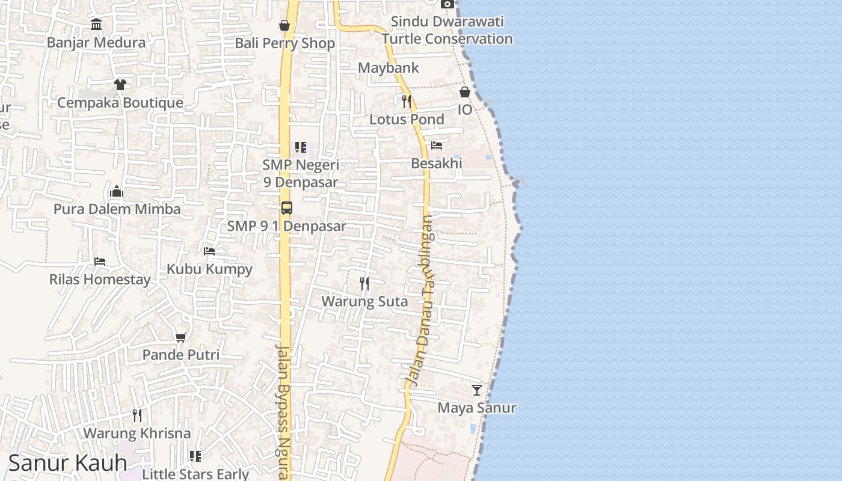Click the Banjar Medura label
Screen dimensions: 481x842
click(96, 43)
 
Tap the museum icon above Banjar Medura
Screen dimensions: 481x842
click(96, 24)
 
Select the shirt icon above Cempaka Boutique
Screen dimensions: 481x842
click(120, 84)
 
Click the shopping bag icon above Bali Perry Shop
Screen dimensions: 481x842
click(284, 25)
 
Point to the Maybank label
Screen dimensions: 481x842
click(388, 68)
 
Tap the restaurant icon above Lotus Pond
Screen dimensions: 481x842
click(407, 100)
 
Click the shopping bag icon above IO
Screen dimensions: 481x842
click(465, 92)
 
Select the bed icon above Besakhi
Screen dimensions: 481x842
click(437, 145)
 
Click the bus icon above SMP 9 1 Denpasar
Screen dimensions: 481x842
click(287, 208)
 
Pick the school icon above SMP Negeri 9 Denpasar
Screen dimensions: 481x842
click(301, 147)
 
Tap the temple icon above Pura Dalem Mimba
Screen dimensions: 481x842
click(117, 192)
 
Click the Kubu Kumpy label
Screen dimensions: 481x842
click(209, 269)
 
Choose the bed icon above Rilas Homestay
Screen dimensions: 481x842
click(100, 262)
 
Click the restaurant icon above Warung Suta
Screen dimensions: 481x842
click(364, 283)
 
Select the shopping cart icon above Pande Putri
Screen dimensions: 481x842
click(180, 337)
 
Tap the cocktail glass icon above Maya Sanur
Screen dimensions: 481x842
click(477, 390)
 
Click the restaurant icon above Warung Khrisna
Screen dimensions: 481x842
click(137, 415)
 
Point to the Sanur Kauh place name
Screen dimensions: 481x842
click(67, 463)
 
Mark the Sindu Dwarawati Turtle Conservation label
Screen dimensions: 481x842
click(447, 30)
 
